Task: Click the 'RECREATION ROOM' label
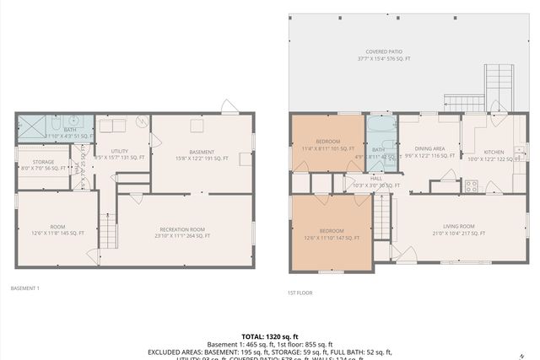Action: [182, 228]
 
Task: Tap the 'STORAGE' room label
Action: [44, 161]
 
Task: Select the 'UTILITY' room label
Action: [119, 151]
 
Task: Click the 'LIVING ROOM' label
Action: [460, 226]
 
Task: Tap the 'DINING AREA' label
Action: [430, 148]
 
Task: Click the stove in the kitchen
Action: [471, 185]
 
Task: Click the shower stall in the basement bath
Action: [32, 127]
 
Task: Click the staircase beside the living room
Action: [382, 216]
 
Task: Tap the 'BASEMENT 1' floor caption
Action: [25, 288]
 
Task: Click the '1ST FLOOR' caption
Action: [300, 293]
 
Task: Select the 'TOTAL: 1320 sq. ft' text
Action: [269, 335]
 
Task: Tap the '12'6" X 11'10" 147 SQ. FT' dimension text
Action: [331, 239]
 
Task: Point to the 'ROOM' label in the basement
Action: [57, 226]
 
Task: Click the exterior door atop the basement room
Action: [229, 106]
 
